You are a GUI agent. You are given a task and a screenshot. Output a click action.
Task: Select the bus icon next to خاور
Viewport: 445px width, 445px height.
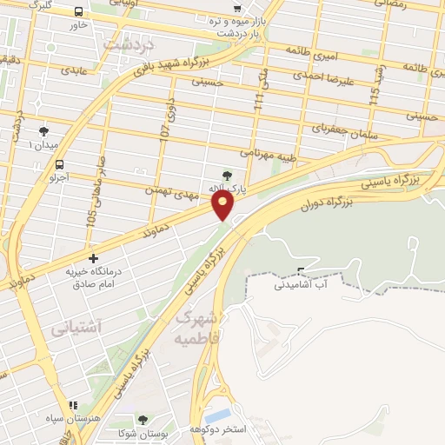[79, 13]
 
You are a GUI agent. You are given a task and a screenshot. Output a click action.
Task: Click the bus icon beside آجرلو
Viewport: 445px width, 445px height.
[59, 164]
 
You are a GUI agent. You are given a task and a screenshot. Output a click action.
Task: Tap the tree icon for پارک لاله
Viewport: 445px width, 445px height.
[228, 175]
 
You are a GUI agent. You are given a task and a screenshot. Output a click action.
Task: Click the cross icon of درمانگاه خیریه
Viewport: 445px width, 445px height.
[94, 258]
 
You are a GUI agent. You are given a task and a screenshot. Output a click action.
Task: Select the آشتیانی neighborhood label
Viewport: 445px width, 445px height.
[76, 328]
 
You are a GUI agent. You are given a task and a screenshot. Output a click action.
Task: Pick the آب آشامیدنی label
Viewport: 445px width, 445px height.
[305, 284]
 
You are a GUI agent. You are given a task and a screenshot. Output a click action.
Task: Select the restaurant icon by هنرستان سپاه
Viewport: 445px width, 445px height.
[73, 405]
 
